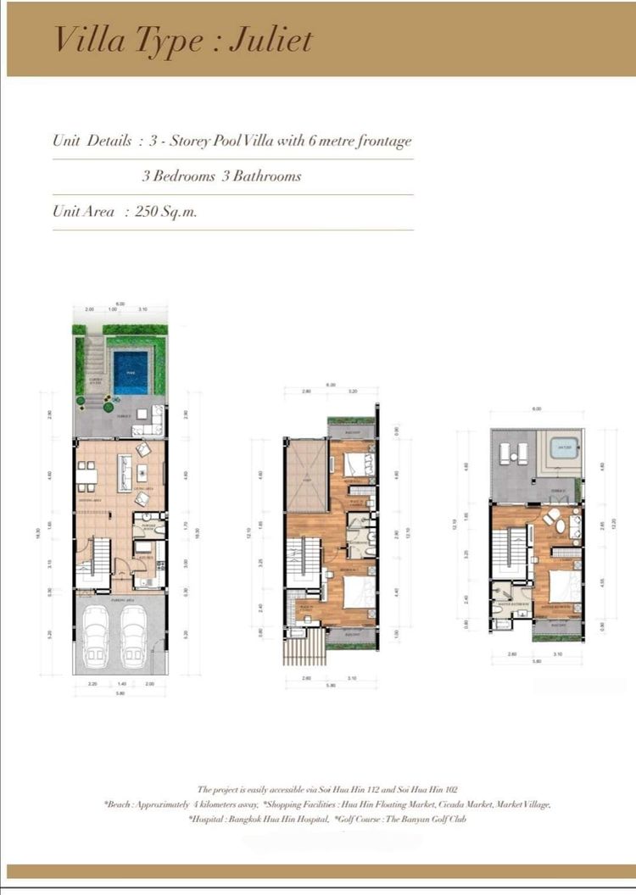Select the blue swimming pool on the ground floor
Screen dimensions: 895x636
130,369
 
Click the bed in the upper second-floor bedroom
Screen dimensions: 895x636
356,464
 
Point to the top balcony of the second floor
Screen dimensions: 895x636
350,430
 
